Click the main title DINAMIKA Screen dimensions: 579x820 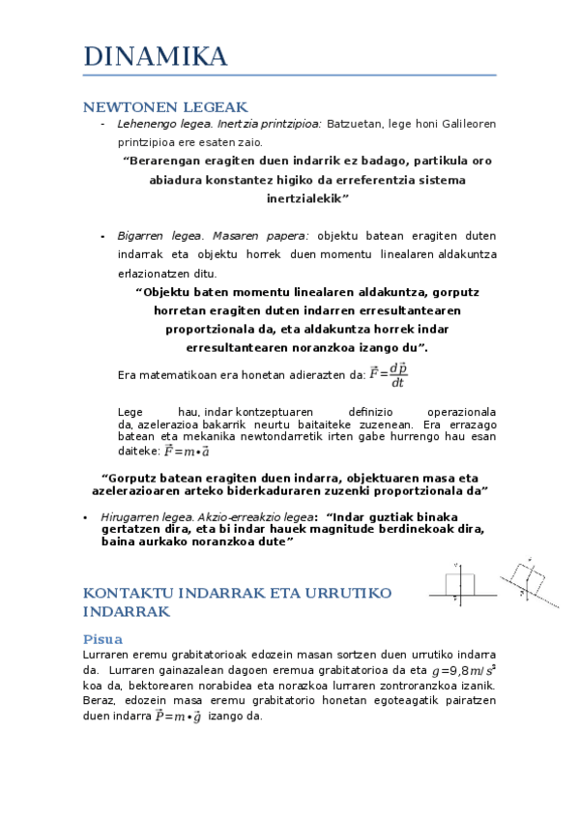click(x=156, y=56)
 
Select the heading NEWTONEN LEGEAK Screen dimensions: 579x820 click(x=166, y=107)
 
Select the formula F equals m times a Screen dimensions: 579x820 click(x=187, y=451)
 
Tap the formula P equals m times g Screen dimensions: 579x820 click(x=178, y=717)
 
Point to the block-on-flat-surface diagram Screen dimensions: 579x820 click(x=458, y=586)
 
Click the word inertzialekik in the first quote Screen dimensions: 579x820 click(x=306, y=198)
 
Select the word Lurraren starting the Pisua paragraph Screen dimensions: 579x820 click(x=107, y=655)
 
